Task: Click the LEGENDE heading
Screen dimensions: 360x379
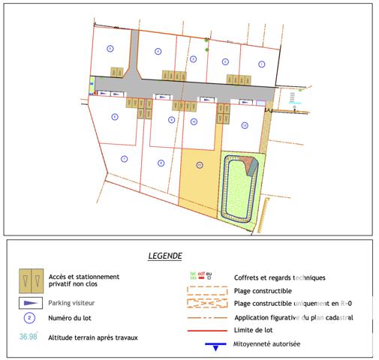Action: pyautogui.click(x=164, y=256)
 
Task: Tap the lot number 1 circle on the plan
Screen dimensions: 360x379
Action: pyautogui.click(x=262, y=64)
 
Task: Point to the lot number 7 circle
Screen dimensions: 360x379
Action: pyautogui.click(x=124, y=158)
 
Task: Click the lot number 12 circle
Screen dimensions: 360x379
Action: pyautogui.click(x=244, y=125)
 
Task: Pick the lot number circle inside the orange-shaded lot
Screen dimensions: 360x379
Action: pyautogui.click(x=199, y=164)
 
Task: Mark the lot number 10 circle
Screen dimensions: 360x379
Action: pyautogui.click(x=194, y=121)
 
